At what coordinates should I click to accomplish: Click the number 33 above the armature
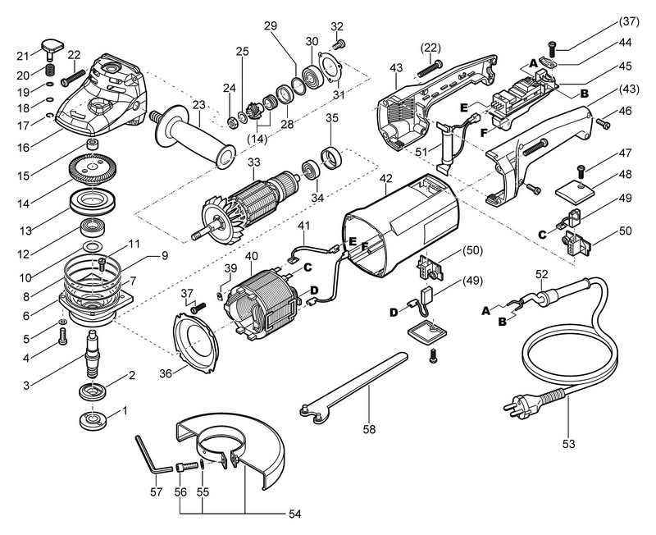tap(253, 163)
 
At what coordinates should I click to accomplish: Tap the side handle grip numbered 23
tap(192, 136)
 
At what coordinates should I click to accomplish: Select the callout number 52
tap(540, 272)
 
